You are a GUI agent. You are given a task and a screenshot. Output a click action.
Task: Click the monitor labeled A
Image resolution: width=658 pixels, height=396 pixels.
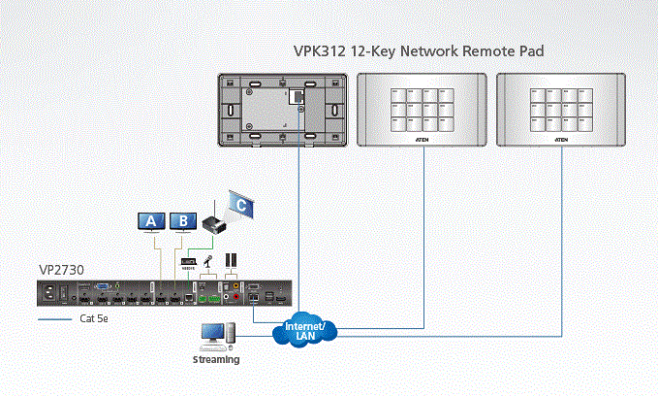click(x=150, y=221)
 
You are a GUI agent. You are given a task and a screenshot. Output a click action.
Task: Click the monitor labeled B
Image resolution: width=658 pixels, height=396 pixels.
click(x=181, y=221)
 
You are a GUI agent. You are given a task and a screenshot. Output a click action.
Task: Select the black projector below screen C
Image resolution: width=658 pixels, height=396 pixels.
click(x=214, y=224)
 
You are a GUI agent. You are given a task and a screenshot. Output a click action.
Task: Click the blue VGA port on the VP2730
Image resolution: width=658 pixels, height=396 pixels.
click(x=100, y=288)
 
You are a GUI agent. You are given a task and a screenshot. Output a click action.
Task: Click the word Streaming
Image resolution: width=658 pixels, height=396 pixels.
click(x=216, y=359)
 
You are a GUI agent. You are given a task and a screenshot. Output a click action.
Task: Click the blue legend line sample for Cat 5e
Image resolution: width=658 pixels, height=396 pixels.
click(x=54, y=318)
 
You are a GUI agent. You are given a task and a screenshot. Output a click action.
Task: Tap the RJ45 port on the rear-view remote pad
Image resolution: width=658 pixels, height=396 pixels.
click(x=294, y=95)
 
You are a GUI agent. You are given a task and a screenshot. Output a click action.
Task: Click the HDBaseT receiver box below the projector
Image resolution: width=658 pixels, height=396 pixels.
click(x=190, y=260)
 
